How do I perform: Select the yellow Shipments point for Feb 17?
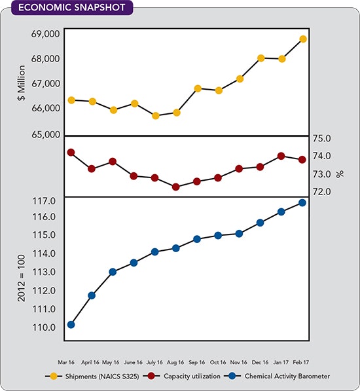[302, 39]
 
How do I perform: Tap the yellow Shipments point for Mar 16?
[71, 100]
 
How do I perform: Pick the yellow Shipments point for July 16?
[156, 116]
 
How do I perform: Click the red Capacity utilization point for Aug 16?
[176, 187]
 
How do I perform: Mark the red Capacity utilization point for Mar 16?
[71, 152]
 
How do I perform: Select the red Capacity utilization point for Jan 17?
[281, 156]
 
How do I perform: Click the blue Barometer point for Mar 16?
[71, 324]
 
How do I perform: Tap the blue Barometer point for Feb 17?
[302, 202]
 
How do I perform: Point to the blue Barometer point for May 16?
[113, 271]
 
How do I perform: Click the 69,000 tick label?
[45, 33]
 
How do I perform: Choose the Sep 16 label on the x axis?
[197, 361]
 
